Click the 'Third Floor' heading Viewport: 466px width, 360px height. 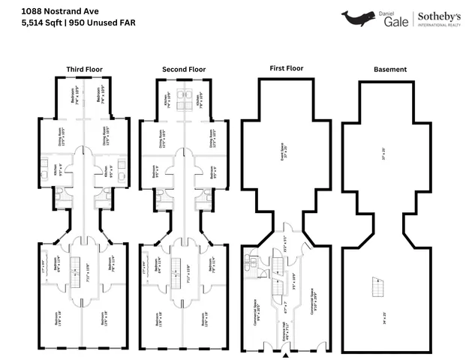(84, 69)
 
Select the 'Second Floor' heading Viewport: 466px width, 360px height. (184, 69)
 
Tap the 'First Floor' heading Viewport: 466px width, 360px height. (286, 68)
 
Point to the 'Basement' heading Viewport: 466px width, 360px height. (390, 69)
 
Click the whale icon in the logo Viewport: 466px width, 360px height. (358, 18)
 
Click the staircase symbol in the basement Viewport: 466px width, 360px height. (374, 285)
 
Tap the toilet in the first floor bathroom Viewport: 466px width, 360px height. (248, 262)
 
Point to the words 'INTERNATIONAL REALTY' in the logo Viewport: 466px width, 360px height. (439, 25)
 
